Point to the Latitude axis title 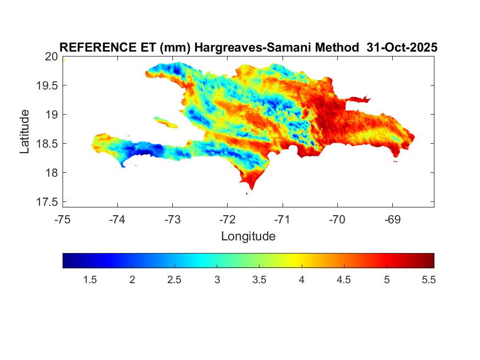click(25, 131)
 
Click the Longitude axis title click(248, 237)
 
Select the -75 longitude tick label click(63, 220)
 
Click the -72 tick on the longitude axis click(227, 220)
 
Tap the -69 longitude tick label click(392, 220)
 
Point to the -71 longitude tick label click(282, 220)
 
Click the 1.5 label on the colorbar click(90, 280)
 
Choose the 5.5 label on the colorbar click(428, 280)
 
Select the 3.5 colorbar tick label click(259, 280)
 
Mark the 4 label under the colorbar click(302, 280)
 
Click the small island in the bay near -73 click(165, 121)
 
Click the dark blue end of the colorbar click(67, 260)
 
